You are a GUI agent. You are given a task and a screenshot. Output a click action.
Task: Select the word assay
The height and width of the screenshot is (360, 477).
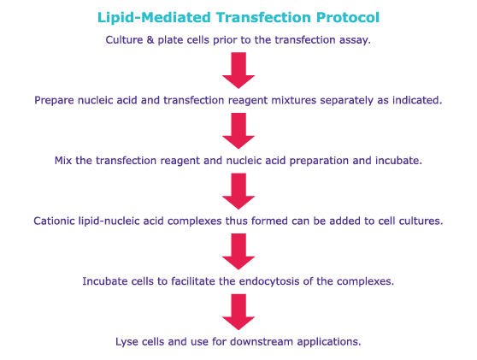pyautogui.click(x=353, y=40)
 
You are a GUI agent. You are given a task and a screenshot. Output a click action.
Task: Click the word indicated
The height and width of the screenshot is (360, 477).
pyautogui.click(x=416, y=100)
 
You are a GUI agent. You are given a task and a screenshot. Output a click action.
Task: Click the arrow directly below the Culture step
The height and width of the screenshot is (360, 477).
pyautogui.click(x=238, y=70)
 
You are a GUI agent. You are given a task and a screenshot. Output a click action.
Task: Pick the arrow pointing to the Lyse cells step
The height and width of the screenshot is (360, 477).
pyautogui.click(x=238, y=311)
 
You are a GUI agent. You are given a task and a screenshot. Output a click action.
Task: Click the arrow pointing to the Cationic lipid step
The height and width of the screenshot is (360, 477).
pyautogui.click(x=238, y=191)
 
